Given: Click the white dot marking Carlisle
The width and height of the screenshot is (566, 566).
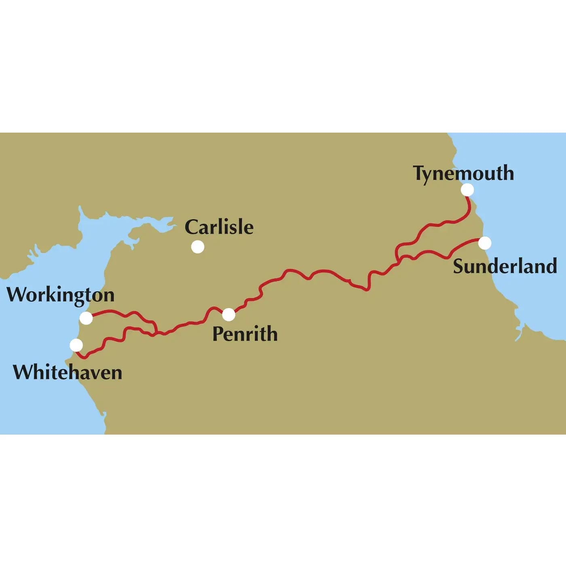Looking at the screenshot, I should click(198, 247).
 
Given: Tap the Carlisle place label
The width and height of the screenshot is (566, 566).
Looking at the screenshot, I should click(219, 227).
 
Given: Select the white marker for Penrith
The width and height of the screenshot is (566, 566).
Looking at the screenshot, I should click(228, 314).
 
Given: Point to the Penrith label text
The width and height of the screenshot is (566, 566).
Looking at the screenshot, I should click(245, 334).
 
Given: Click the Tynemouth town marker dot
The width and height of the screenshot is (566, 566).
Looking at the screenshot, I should click(467, 190).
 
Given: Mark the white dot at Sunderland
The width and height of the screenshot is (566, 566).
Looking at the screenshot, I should click(485, 243).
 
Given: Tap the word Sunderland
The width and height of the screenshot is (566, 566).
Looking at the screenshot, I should click(505, 266).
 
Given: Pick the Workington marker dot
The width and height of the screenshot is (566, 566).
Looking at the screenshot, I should click(86, 318).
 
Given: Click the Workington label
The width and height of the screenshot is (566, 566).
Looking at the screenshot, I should click(61, 295).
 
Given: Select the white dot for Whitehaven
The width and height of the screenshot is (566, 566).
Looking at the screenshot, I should click(76, 345).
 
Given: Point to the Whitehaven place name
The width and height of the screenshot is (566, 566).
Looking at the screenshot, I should click(68, 372).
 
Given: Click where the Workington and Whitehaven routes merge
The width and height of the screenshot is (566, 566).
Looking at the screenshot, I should click(155, 334).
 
